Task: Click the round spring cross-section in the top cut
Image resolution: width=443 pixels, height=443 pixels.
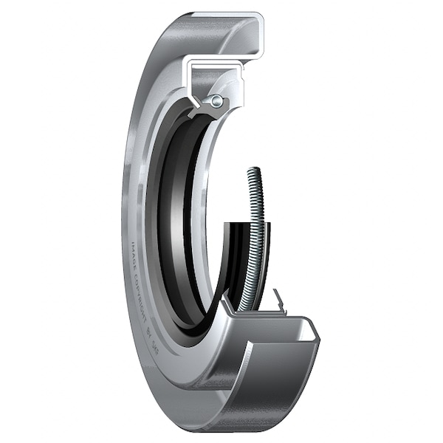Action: (215, 101)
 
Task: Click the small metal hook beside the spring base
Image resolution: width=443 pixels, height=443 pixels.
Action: (278, 298)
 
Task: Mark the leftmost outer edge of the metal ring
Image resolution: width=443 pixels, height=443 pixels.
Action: (123, 221)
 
